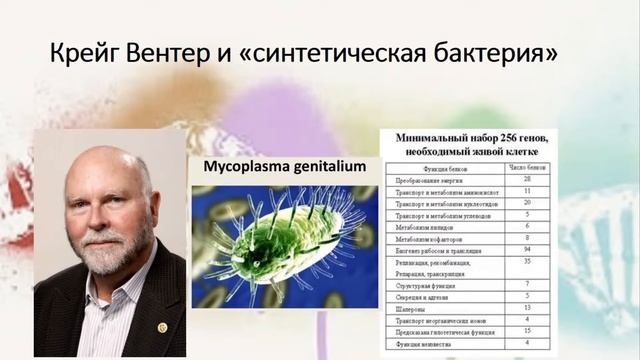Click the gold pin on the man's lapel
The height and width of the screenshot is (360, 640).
pyautogui.click(x=162, y=326)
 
